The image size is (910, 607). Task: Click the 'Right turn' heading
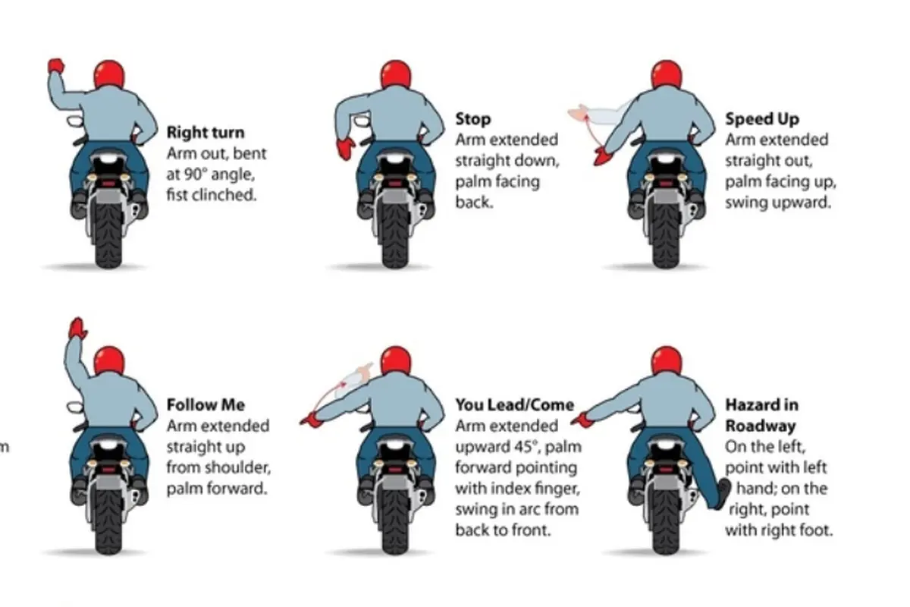point(206,133)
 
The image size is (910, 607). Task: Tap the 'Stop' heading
point(473,119)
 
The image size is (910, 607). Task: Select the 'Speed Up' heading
point(762,119)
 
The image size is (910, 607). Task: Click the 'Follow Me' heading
point(206,405)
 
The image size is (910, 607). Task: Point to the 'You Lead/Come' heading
point(515,405)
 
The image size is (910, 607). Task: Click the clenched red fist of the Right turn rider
point(55,65)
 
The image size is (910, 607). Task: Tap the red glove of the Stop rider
point(346,149)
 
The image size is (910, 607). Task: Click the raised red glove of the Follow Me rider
point(77,328)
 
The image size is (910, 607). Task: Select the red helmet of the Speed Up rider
point(667,74)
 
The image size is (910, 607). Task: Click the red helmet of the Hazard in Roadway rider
point(667,360)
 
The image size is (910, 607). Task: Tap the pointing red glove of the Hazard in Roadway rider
point(581,421)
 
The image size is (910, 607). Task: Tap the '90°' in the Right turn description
point(196,175)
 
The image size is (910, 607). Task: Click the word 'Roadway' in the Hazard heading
point(761,426)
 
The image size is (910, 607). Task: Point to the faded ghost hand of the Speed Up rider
point(578,113)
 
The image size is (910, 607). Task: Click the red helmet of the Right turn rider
point(109,74)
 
